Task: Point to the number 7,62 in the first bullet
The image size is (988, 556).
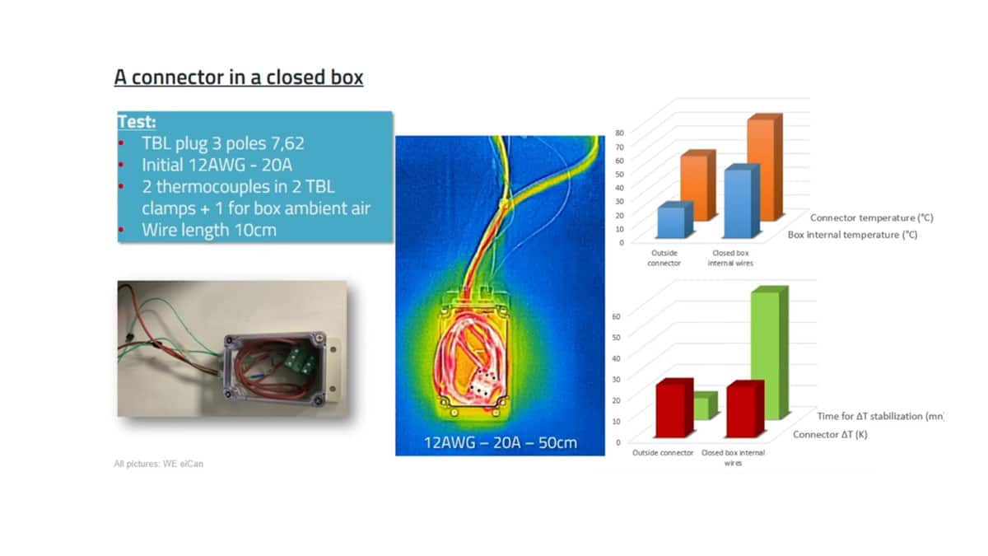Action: click(284, 144)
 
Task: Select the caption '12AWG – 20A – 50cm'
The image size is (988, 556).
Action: click(500, 442)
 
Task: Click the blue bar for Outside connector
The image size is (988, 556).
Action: click(670, 222)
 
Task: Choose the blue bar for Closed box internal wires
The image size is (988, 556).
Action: click(737, 203)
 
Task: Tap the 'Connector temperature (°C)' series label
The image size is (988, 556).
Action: click(871, 218)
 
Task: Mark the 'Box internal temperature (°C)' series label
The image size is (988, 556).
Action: click(852, 235)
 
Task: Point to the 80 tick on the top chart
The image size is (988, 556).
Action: click(621, 132)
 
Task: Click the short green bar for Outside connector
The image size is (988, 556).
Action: click(701, 406)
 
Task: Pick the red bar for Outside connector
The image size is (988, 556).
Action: click(670, 411)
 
